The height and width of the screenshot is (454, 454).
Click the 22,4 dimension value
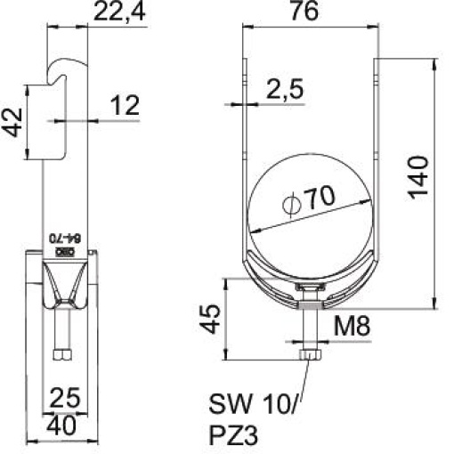(x=118, y=15)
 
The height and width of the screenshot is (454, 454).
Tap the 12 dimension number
(x=126, y=106)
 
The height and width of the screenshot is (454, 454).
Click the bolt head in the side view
(x=62, y=355)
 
